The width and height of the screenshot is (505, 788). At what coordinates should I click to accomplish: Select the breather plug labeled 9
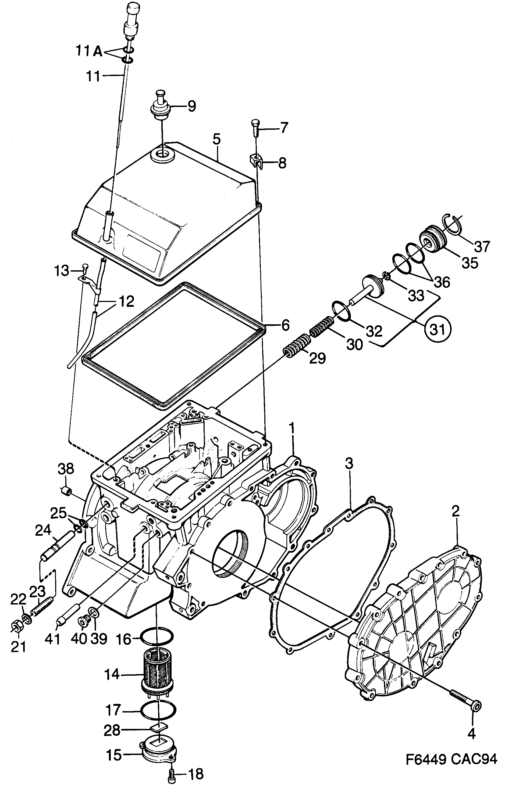pos(160,105)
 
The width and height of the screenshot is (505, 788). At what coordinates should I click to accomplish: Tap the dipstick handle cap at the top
pos(133,13)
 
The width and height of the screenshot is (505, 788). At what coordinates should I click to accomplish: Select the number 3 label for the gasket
pos(349,464)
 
